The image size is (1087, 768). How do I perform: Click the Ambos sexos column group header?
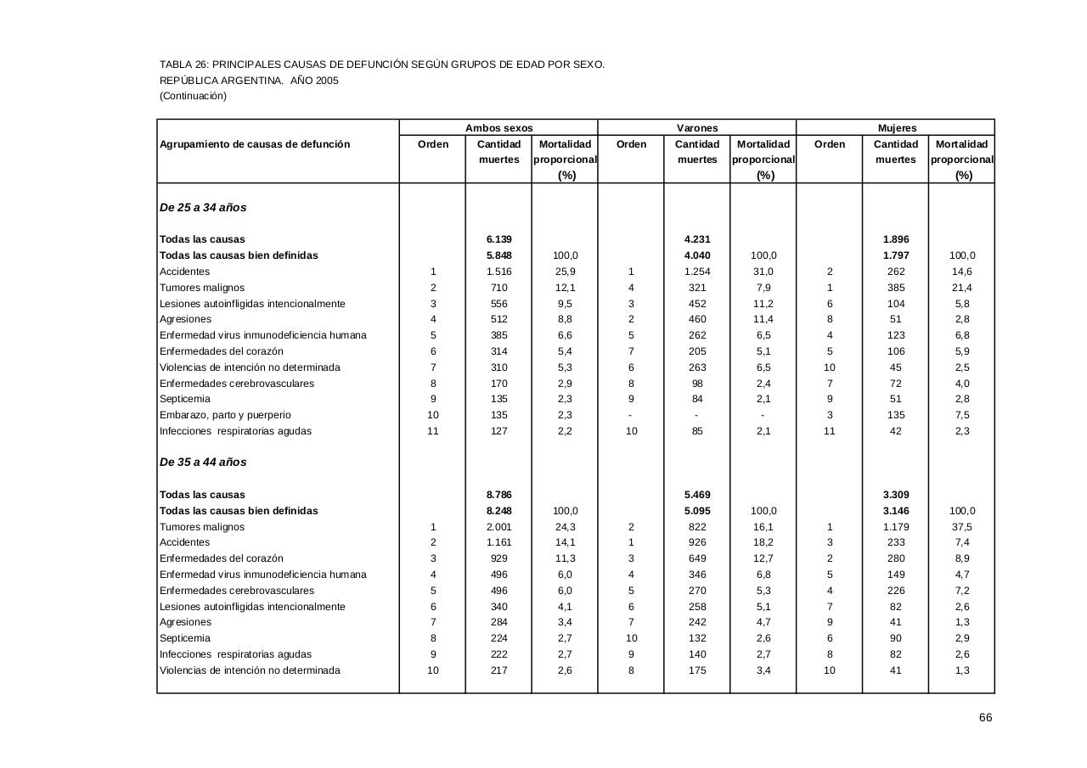click(498, 128)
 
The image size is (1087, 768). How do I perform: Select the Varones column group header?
click(696, 128)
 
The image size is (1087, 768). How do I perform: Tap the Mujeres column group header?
click(897, 128)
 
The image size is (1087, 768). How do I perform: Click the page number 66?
click(985, 718)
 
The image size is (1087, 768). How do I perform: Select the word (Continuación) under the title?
click(193, 96)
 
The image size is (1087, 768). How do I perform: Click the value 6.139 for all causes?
click(498, 239)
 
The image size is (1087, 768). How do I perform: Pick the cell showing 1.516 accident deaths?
click(498, 272)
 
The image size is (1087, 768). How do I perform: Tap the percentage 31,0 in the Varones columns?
click(763, 272)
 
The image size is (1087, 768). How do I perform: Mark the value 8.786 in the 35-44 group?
click(498, 495)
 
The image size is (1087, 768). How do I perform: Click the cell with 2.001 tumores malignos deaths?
click(498, 527)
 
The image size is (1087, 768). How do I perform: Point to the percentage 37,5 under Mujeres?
click(962, 527)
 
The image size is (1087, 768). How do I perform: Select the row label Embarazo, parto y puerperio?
click(225, 415)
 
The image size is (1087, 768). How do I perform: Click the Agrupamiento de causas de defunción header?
click(255, 144)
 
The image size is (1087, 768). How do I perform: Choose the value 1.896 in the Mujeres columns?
click(896, 239)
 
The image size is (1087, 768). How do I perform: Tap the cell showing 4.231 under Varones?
click(697, 239)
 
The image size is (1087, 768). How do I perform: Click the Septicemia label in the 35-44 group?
click(184, 638)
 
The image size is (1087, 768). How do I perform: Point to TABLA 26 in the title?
click(183, 64)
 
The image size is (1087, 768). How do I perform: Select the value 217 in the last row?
click(498, 670)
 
